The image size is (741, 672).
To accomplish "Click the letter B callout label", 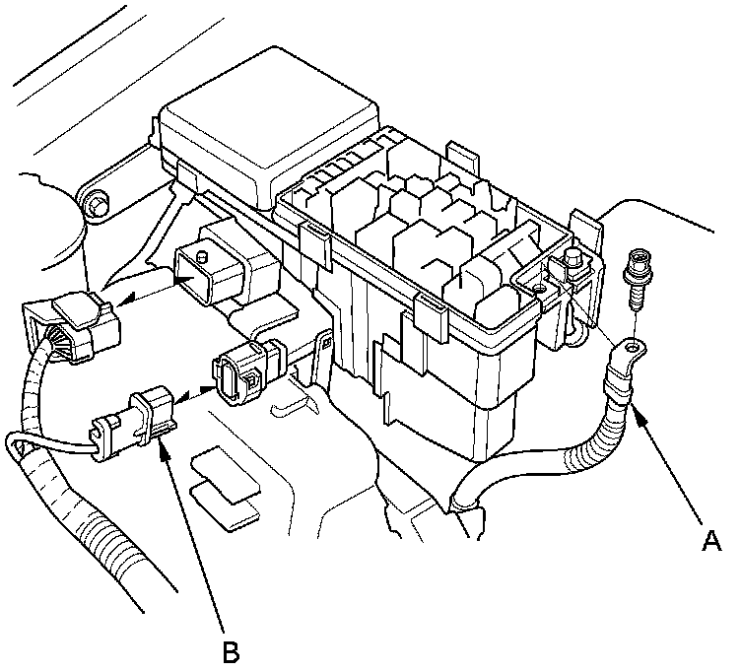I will pyautogui.click(x=231, y=650).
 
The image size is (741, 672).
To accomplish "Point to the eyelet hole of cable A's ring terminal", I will pyautogui.click(x=632, y=347).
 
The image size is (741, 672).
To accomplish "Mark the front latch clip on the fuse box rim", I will pyautogui.click(x=425, y=315).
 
